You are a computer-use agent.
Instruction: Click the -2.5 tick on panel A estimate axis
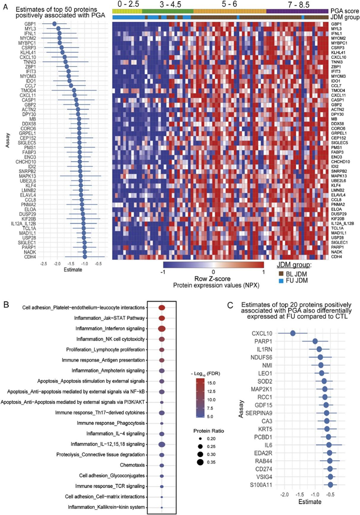pos(44,264)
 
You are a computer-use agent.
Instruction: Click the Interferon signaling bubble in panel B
pos(162,328)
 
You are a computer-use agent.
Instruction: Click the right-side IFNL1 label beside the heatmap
pos(336,34)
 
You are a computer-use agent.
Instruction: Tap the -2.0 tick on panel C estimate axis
pos(285,496)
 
